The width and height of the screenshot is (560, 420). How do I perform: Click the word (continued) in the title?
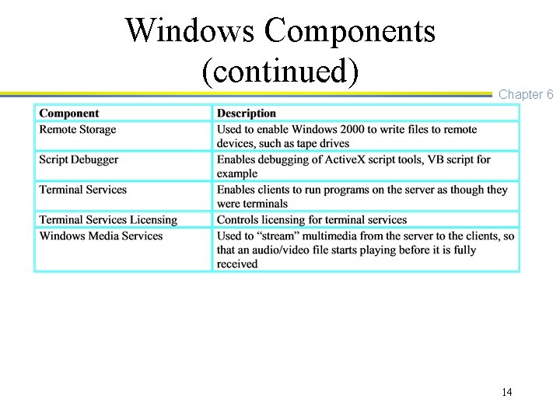coord(280,71)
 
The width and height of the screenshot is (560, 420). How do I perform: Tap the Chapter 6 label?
coord(526,94)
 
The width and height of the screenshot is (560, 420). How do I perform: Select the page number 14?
coord(507,392)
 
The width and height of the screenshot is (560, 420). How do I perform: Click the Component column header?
coord(69,114)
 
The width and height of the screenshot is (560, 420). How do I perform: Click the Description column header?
coord(247,114)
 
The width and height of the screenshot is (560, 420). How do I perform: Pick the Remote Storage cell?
coord(78,130)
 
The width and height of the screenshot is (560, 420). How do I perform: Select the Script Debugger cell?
coord(79,159)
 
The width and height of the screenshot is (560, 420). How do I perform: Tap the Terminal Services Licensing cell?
coord(108,220)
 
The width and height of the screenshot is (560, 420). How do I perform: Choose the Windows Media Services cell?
coord(101,236)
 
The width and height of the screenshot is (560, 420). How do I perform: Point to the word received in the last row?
coord(237,264)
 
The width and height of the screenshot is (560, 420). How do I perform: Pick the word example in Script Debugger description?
coord(237,173)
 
